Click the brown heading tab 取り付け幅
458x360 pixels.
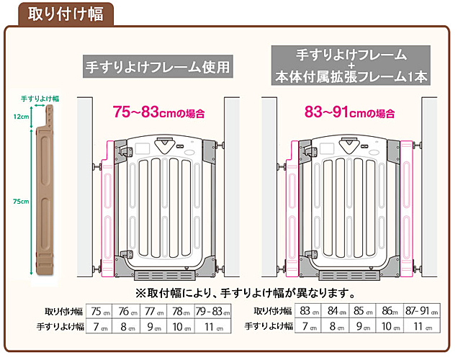click(66, 14)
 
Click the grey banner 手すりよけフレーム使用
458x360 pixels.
click(158, 66)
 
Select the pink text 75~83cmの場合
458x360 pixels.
click(158, 112)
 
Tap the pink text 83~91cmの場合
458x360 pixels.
click(350, 112)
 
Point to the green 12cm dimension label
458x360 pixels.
click(22, 117)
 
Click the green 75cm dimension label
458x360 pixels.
click(21, 201)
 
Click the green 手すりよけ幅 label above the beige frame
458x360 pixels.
click(40, 99)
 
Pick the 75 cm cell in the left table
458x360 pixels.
click(99, 311)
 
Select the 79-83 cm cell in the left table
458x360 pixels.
click(213, 311)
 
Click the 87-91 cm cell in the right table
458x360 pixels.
click(422, 311)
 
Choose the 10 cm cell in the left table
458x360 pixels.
click(181, 326)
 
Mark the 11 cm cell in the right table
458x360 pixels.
click(422, 325)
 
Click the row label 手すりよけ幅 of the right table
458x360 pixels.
click(269, 326)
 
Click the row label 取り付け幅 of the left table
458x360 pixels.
click(63, 312)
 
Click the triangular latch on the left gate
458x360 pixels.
click(166, 145)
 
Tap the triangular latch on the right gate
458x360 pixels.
click(349, 145)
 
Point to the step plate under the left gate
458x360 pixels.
click(165, 275)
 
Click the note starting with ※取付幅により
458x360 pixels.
click(245, 293)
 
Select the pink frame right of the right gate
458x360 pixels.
click(407, 209)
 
